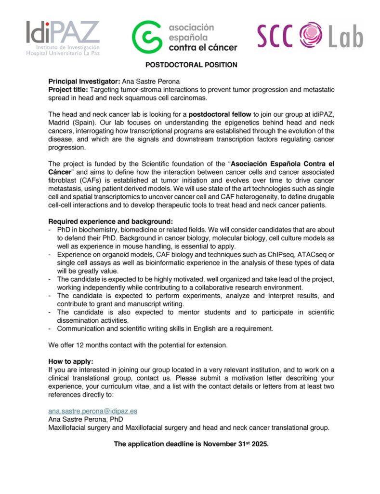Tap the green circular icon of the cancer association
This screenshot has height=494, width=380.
[x=147, y=37]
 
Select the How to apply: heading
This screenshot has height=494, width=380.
[x=71, y=361]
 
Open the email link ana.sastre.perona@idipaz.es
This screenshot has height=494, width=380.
[x=93, y=411]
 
